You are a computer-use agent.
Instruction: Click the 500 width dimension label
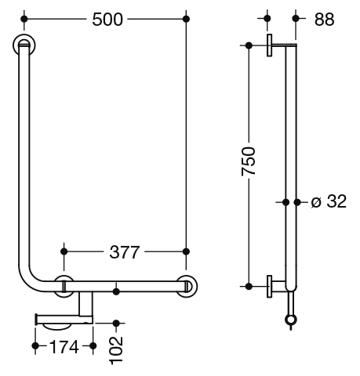[107, 20]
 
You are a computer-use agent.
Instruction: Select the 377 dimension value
[125, 252]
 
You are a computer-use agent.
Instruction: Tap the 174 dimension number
[64, 347]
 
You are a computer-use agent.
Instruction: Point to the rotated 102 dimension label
[117, 350]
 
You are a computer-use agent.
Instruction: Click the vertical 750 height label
[249, 161]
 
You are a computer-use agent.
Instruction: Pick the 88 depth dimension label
[324, 20]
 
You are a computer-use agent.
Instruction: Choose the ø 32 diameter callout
[329, 201]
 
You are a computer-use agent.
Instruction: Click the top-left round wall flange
[24, 45]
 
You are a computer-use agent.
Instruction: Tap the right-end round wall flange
[187, 287]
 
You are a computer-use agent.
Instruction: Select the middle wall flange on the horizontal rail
[64, 286]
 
